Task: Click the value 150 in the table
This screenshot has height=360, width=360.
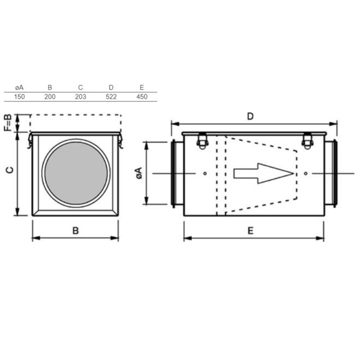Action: pos(19,97)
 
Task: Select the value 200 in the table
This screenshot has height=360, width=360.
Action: pos(50,97)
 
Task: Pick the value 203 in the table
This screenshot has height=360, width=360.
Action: pos(81,97)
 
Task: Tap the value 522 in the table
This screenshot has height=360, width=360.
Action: pos(111,97)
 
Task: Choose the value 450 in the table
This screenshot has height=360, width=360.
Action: pos(142,97)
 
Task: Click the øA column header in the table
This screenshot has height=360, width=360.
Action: pos(19,87)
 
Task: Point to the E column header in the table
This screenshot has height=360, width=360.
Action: pos(142,87)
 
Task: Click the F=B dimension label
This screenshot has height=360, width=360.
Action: pos(7,123)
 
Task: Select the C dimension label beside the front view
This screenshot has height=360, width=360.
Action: pos(9,170)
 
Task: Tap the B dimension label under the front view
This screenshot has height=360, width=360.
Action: pos(76,231)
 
